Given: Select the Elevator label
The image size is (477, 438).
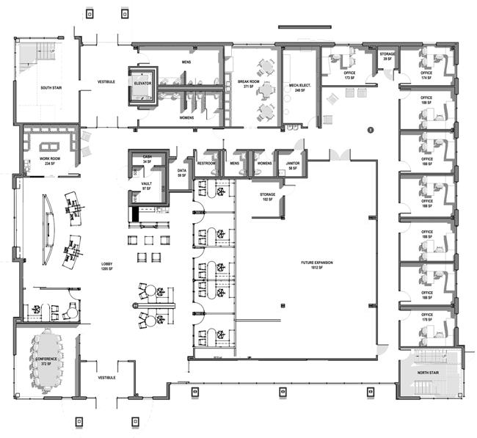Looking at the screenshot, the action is (x=142, y=84).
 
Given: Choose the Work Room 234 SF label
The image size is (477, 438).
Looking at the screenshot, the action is (x=48, y=162).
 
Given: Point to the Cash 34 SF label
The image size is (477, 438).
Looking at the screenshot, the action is (x=147, y=160).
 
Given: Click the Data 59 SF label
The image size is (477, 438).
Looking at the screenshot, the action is (x=182, y=173).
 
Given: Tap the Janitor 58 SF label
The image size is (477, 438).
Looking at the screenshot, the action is (x=293, y=166).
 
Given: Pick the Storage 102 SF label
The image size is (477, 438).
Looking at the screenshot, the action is (x=266, y=197).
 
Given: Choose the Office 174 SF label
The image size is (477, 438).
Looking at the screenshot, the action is (x=426, y=76).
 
